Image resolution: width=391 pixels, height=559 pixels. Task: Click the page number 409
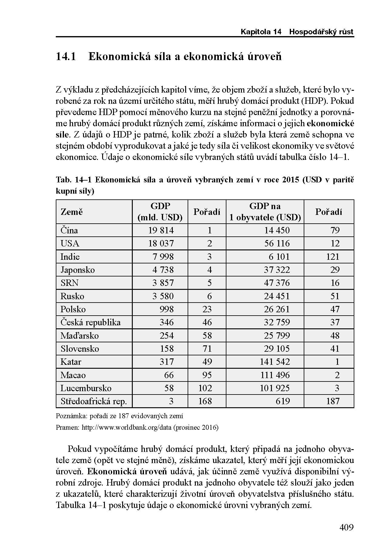pyautogui.click(x=346, y=527)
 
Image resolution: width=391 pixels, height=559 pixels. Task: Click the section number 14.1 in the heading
pyautogui.click(x=66, y=56)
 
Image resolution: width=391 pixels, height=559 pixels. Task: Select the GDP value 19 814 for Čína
pyautogui.click(x=161, y=230)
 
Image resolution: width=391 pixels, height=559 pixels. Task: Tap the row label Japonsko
pyautogui.click(x=78, y=270)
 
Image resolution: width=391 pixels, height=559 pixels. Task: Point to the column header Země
pyautogui.click(x=72, y=212)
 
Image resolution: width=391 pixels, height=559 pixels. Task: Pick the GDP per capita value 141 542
pyautogui.click(x=275, y=362)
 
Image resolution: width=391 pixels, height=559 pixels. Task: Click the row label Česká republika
pyautogui.click(x=90, y=322)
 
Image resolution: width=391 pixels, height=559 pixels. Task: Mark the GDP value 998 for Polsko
pyautogui.click(x=167, y=309)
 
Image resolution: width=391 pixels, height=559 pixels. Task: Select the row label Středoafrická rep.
pyautogui.click(x=94, y=401)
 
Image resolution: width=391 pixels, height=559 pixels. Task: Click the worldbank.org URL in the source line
pyautogui.click(x=127, y=428)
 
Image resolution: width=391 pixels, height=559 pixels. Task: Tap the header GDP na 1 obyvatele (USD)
pyautogui.click(x=265, y=212)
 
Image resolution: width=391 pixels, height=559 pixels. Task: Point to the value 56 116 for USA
pyautogui.click(x=277, y=243)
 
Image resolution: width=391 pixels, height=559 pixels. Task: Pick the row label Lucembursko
pyautogui.click(x=86, y=388)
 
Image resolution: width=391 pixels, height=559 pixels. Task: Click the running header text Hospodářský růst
pyautogui.click(x=321, y=32)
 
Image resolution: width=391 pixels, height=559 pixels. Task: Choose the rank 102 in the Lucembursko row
pyautogui.click(x=205, y=388)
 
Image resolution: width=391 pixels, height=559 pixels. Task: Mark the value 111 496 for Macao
pyautogui.click(x=275, y=375)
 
